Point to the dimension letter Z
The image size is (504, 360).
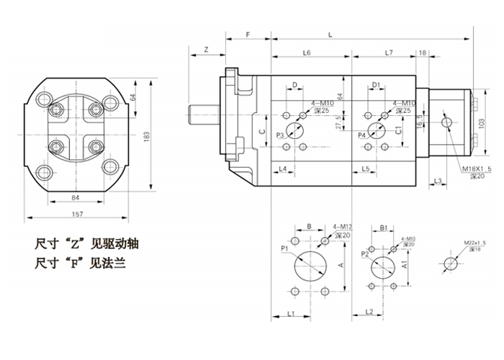[206, 50]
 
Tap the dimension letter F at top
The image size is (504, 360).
[247, 35]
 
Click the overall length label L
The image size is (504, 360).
[330, 35]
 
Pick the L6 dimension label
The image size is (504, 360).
[306, 53]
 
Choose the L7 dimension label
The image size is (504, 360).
[389, 53]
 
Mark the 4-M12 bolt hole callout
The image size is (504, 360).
[341, 228]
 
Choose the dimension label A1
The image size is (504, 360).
[405, 265]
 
